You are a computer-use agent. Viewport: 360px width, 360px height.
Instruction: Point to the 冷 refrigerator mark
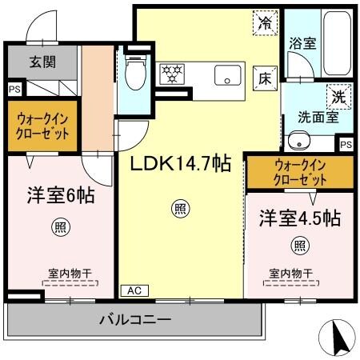coord(264,24)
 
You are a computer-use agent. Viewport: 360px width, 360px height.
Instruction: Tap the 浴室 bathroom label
coord(302,44)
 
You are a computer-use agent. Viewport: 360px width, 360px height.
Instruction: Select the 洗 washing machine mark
coord(340,94)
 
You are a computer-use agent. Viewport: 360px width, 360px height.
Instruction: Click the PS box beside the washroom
coord(345,144)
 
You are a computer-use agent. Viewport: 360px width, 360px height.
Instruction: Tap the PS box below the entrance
coord(14,89)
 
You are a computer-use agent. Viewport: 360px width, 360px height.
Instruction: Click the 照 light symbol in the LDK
coord(181,210)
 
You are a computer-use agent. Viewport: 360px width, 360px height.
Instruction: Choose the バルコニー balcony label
coord(134,320)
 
